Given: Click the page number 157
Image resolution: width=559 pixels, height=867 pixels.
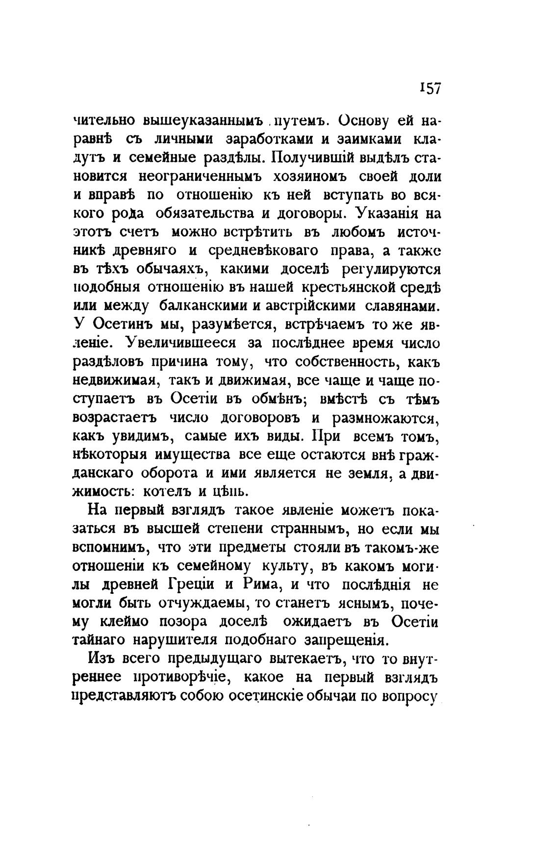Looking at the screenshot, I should (431, 88).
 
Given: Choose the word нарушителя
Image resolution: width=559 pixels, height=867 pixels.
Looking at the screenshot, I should (174, 640).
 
